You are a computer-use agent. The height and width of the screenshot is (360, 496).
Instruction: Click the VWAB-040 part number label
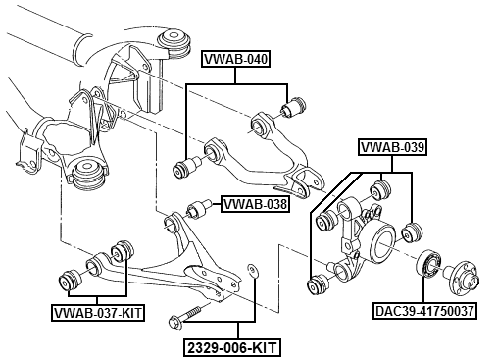[235, 59]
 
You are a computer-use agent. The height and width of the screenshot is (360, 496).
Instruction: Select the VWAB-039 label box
[392, 148]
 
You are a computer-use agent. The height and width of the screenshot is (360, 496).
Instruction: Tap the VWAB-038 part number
[253, 205]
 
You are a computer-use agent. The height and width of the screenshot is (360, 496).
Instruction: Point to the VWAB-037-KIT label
[97, 314]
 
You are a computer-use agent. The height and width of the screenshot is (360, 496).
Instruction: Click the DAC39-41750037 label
[424, 313]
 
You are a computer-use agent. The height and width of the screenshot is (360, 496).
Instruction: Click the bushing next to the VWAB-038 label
[200, 210]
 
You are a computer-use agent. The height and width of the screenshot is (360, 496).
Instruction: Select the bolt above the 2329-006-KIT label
[185, 318]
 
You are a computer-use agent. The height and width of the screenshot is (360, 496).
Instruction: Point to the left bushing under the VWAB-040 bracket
[183, 169]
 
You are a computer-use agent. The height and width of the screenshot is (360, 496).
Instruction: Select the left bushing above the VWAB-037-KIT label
[70, 278]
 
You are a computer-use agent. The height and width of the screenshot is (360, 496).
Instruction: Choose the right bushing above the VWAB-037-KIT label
[123, 250]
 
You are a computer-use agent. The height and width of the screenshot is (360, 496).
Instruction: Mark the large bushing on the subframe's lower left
[88, 177]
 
